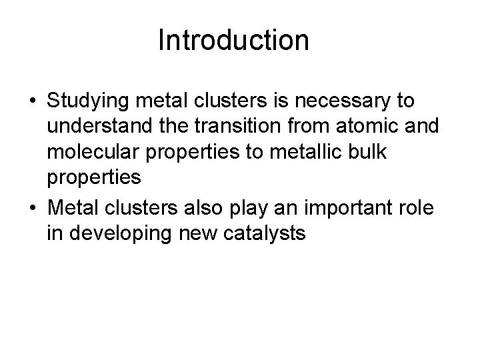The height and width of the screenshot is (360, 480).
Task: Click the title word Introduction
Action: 233,40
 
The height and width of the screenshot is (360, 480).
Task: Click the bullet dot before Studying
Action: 33,102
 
